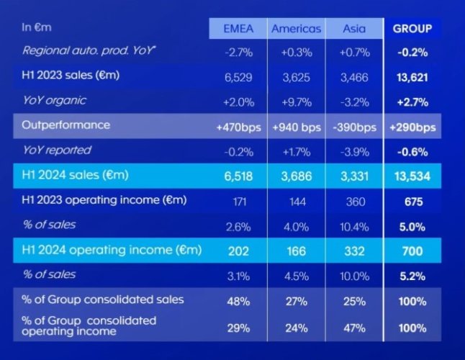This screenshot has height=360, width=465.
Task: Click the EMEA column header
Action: tap(238, 29)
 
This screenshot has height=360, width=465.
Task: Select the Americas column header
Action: tap(296, 29)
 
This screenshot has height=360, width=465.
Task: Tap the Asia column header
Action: tap(354, 29)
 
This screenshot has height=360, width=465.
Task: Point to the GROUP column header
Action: tap(412, 29)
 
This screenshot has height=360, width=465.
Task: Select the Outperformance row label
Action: tap(66, 125)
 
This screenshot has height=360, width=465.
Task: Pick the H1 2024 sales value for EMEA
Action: tap(238, 176)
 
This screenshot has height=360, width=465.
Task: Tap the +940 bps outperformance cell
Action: tap(296, 127)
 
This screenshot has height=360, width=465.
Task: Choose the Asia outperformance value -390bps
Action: tap(354, 127)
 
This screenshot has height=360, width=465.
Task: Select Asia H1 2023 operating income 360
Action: tap(354, 201)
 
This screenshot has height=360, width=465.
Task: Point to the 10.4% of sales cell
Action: tap(354, 226)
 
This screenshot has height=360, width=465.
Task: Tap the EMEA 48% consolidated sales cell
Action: tap(238, 300)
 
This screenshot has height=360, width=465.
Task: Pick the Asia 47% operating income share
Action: tap(354, 328)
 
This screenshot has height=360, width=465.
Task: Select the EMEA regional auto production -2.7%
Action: tap(238, 51)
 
